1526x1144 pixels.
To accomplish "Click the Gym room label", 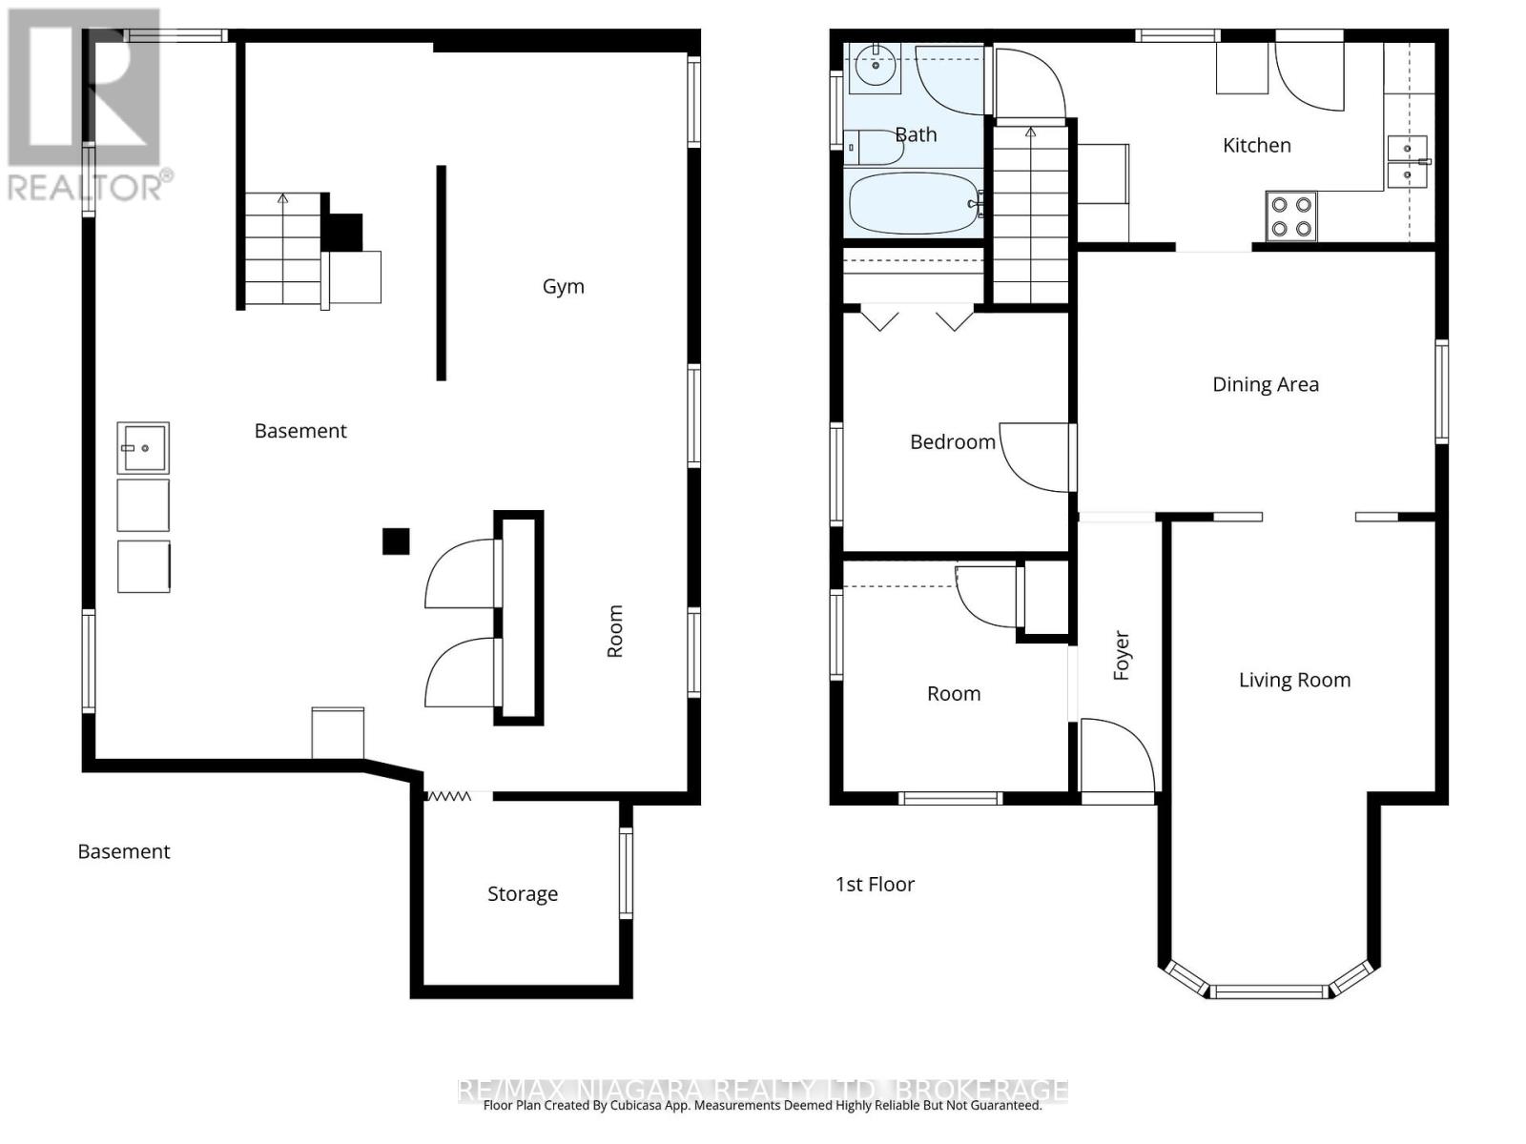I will click(x=563, y=286).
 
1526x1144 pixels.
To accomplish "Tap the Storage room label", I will click(x=522, y=893).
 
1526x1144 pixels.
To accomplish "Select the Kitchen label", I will click(x=1256, y=145).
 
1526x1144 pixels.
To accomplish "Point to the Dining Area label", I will click(x=1265, y=384).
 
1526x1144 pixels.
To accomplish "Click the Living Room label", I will click(x=1293, y=680).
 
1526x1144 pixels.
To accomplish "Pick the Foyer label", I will click(x=1122, y=655).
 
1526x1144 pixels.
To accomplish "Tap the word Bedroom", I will click(x=952, y=441).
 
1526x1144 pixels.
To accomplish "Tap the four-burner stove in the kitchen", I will click(x=1290, y=216).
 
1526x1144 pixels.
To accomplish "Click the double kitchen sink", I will click(x=1407, y=162).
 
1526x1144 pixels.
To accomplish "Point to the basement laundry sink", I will click(x=143, y=448).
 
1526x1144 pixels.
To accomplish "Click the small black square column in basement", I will click(x=396, y=541).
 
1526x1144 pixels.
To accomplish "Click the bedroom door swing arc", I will click(x=1035, y=458).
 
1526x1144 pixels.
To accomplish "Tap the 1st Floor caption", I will click(x=875, y=885).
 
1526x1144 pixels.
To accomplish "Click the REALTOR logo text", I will click(x=91, y=187).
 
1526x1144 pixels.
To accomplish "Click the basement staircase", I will click(x=282, y=251).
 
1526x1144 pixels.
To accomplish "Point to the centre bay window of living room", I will click(x=1270, y=991).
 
